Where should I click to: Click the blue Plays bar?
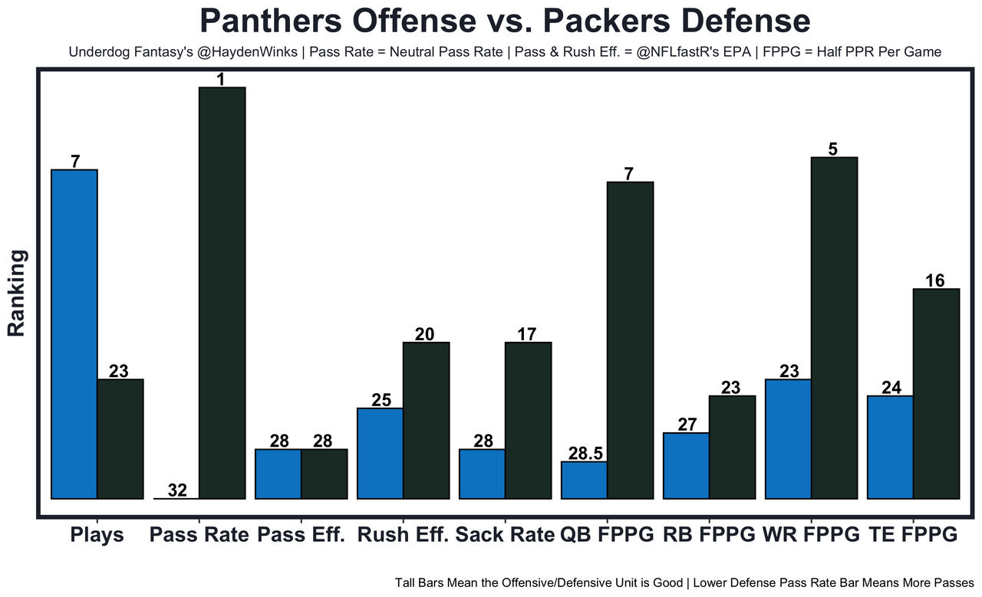click(x=74, y=334)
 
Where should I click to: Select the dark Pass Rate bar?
click(x=222, y=293)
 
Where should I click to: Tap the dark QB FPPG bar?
click(x=630, y=340)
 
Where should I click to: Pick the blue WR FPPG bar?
click(x=788, y=439)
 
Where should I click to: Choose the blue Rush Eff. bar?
click(x=380, y=453)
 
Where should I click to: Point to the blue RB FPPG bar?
click(x=686, y=466)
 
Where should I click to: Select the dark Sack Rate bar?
click(x=528, y=420)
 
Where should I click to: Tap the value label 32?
click(x=177, y=490)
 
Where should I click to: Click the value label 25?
click(x=381, y=400)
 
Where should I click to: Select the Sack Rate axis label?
click(x=505, y=535)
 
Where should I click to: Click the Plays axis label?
click(x=97, y=535)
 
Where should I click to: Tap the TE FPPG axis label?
click(x=913, y=535)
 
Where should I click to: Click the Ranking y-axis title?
click(x=17, y=293)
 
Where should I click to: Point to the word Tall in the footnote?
click(x=408, y=582)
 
